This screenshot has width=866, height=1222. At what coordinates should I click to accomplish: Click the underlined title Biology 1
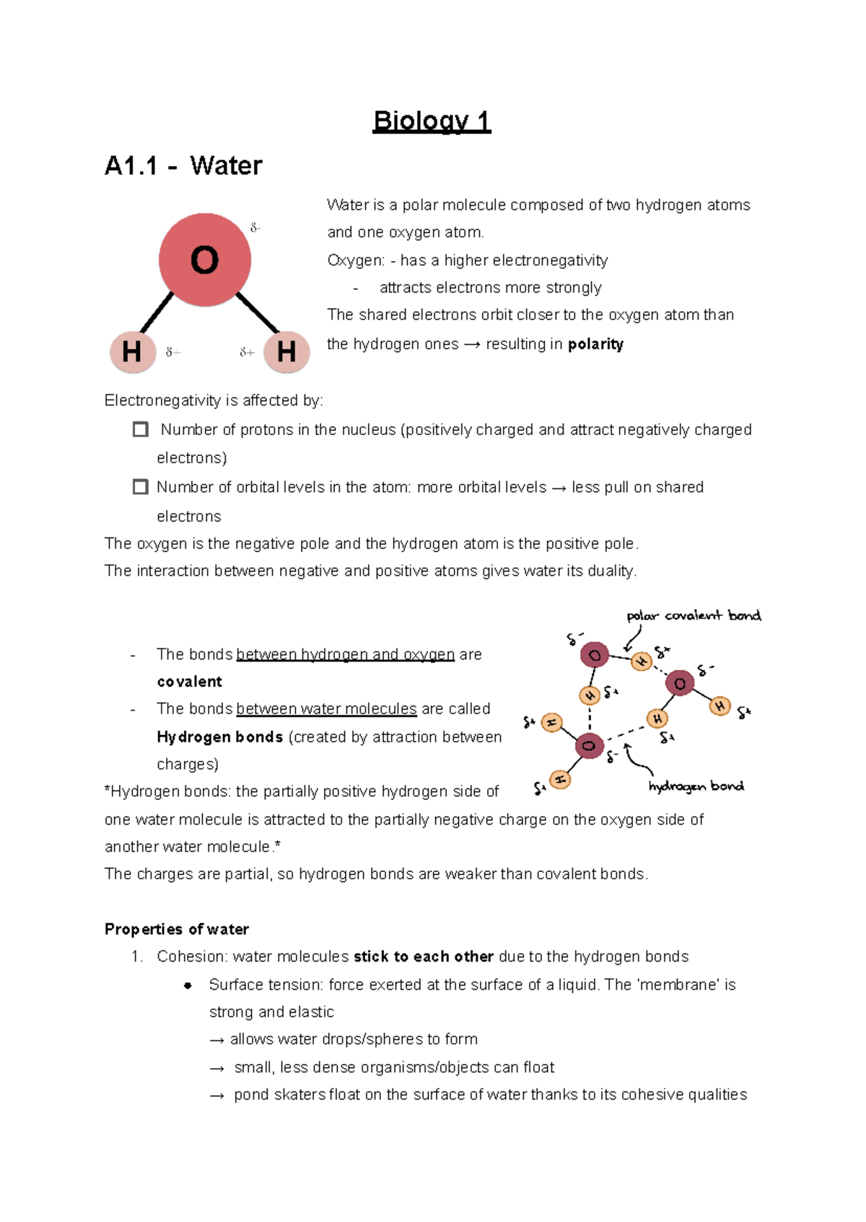[x=432, y=121]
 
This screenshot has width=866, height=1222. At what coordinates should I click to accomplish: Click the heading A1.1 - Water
[x=183, y=166]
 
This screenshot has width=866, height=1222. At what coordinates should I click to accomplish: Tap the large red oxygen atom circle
[x=205, y=260]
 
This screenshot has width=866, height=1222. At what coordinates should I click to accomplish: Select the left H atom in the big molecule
[x=133, y=352]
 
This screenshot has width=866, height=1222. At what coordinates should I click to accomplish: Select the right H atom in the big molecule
[x=287, y=352]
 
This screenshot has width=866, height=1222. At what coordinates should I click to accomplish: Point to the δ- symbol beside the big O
[x=255, y=228]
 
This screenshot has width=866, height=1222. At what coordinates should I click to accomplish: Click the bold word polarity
[x=595, y=344]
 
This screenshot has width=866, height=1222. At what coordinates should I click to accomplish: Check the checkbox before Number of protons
[x=141, y=430]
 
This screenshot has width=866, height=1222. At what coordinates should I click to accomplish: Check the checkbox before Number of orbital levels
[x=141, y=487]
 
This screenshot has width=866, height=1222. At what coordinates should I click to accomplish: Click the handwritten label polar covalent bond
[x=693, y=615]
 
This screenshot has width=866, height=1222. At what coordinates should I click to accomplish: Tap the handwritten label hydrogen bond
[x=696, y=786]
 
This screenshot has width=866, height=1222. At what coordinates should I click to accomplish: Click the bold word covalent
[x=189, y=682]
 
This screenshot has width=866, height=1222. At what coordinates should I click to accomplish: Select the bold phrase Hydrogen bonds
[x=219, y=737]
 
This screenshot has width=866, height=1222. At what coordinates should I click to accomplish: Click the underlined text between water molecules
[x=326, y=709]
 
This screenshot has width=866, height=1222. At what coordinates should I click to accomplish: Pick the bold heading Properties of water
[x=177, y=929]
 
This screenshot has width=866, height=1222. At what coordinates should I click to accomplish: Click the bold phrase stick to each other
[x=424, y=957]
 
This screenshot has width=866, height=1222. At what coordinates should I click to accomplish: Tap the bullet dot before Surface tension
[x=188, y=985]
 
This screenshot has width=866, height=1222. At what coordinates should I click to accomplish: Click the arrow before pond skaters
[x=217, y=1096]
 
